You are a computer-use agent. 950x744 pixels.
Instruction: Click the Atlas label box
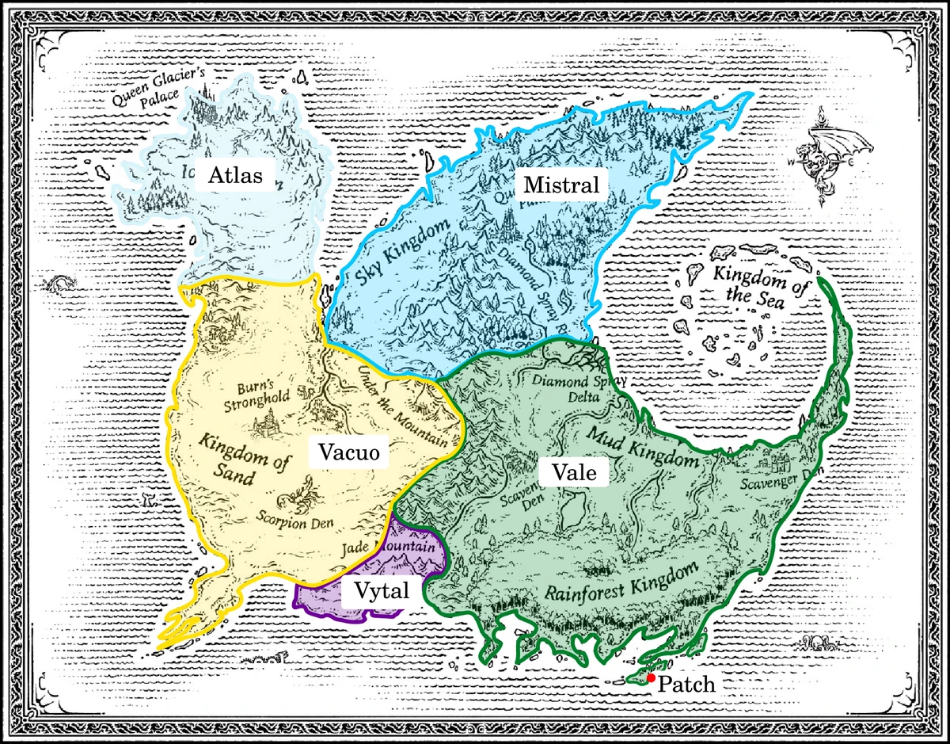(x=235, y=175)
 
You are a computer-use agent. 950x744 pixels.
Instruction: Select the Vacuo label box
(x=349, y=452)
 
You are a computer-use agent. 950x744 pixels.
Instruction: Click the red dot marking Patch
(x=650, y=678)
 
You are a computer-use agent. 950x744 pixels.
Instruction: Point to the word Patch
(x=686, y=685)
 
